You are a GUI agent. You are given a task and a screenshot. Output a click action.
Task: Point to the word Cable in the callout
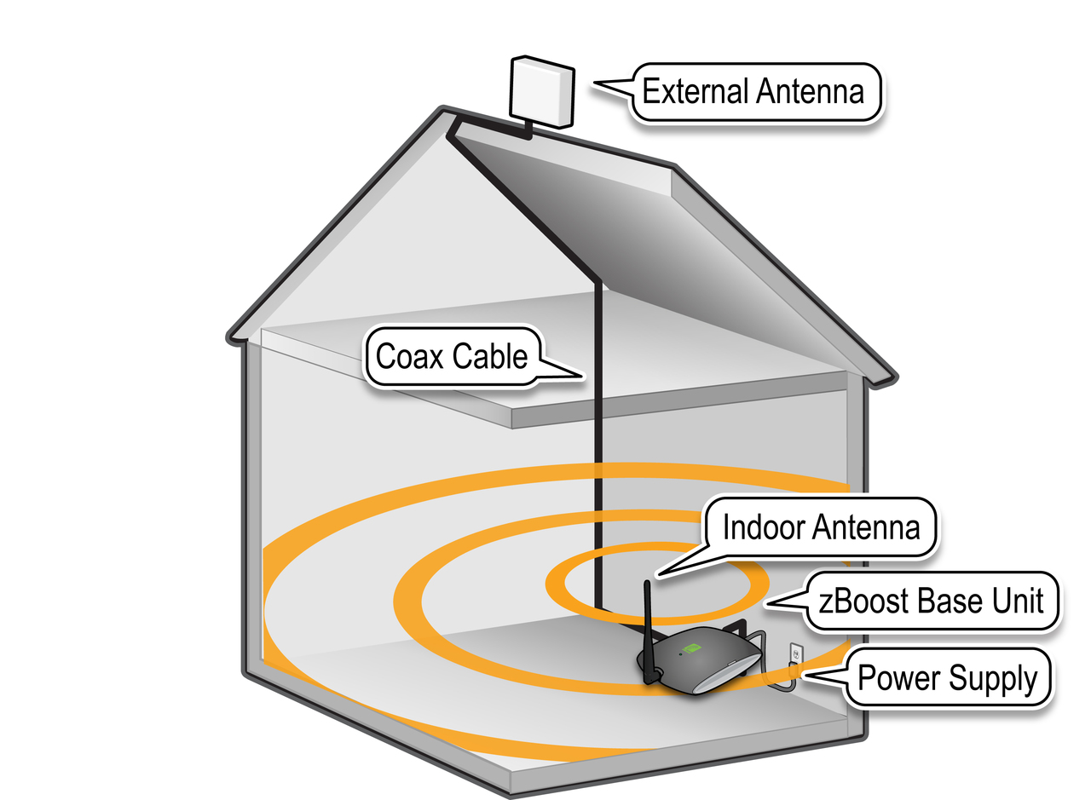tap(490, 356)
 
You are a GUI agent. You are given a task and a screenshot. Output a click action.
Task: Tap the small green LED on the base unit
tap(680, 653)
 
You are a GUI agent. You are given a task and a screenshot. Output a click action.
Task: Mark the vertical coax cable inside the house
tap(598, 443)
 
